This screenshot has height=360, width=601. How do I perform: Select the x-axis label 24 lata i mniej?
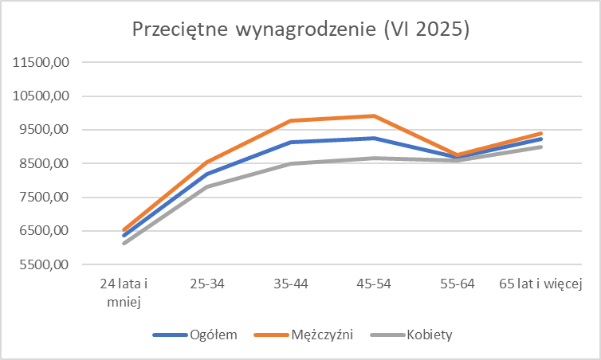pyautogui.click(x=124, y=292)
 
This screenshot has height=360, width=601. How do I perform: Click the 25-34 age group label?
pyautogui.click(x=207, y=284)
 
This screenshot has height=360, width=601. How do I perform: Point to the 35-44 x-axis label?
pyautogui.click(x=291, y=284)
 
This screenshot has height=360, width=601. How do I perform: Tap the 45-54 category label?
pyautogui.click(x=375, y=284)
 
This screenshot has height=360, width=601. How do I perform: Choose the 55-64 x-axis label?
pyautogui.click(x=458, y=284)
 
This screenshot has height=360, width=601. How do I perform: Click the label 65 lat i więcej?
pyautogui.click(x=542, y=284)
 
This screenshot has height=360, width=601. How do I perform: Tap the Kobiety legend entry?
pyautogui.click(x=428, y=335)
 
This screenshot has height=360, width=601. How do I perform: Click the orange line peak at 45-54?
pyautogui.click(x=375, y=116)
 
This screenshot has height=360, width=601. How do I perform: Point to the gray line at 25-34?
pyautogui.click(x=207, y=187)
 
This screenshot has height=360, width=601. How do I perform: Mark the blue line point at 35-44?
pyautogui.click(x=291, y=143)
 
